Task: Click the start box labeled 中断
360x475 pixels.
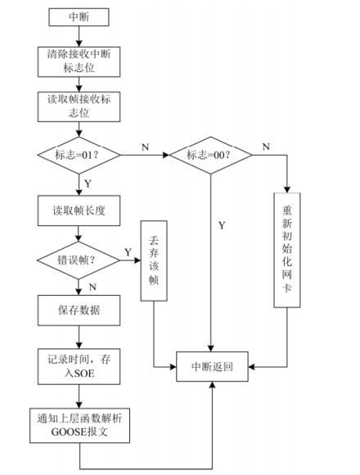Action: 79,16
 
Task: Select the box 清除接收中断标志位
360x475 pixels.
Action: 79,61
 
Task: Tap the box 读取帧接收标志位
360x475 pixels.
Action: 79,106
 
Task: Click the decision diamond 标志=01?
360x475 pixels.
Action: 79,155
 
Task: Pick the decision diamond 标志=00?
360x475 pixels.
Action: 211,155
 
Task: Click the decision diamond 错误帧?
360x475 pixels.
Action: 79,261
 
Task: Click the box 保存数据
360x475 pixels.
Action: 79,310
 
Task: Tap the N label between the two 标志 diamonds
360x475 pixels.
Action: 146,147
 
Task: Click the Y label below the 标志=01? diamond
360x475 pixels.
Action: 88,183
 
